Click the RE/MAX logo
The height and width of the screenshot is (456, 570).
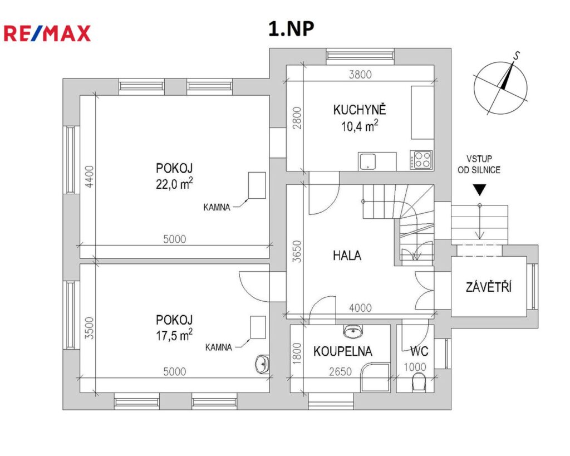(47, 33)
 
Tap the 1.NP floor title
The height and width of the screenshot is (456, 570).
(291, 29)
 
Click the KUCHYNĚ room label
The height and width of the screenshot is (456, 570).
(360, 110)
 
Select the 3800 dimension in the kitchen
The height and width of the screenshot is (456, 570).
(360, 75)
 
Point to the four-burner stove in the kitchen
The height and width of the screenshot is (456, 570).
(421, 160)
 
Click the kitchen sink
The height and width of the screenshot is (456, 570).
(368, 161)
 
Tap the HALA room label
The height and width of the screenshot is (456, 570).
(347, 255)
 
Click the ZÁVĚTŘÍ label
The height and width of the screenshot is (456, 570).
(489, 287)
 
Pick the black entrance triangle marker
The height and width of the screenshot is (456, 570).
(479, 190)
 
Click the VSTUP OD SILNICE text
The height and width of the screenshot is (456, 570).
(479, 164)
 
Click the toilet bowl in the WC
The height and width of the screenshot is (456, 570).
(419, 382)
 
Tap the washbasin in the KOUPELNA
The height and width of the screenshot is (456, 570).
(352, 331)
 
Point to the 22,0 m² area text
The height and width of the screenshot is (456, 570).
(174, 184)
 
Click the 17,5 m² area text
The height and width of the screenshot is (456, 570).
(174, 335)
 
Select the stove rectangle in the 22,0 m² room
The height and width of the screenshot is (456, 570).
(257, 185)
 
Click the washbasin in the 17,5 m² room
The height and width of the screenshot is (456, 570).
(262, 364)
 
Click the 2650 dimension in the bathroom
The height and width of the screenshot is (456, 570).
(340, 371)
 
